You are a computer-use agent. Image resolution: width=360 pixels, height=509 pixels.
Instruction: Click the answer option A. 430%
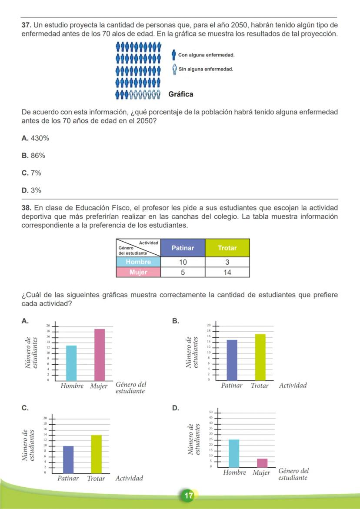[35, 138]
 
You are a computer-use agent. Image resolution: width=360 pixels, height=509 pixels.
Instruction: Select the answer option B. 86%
[33, 156]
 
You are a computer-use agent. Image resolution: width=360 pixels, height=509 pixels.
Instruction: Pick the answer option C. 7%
[31, 173]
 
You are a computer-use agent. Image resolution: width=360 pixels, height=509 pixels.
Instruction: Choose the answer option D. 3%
[31, 190]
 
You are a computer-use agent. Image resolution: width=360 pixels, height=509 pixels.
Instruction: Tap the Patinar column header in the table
[183, 248]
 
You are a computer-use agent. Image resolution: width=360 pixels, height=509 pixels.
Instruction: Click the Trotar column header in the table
[227, 248]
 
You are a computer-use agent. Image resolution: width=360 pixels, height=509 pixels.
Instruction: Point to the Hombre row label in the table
[138, 262]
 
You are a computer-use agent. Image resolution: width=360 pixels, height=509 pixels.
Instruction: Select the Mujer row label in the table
[138, 273]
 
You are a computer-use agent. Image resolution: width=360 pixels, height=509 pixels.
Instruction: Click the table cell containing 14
[227, 273]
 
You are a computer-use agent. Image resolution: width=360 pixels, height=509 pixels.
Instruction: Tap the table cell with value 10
[183, 262]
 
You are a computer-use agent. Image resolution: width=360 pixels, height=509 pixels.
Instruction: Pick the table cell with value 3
[227, 262]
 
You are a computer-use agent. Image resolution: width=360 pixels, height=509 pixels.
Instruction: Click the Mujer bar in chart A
[100, 354]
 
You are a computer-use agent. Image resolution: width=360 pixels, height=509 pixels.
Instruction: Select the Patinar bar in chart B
[232, 360]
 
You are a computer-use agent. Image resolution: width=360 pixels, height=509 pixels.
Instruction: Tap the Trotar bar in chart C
[96, 453]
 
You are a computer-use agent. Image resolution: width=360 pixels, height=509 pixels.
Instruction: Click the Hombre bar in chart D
[234, 453]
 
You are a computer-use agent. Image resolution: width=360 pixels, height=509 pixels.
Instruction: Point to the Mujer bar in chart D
[262, 462]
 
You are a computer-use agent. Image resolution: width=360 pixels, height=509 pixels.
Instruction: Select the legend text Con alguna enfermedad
[206, 55]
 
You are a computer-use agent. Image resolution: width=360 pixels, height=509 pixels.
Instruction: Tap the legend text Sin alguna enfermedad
[206, 69]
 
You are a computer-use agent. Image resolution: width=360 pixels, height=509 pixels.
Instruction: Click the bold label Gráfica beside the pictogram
[180, 94]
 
